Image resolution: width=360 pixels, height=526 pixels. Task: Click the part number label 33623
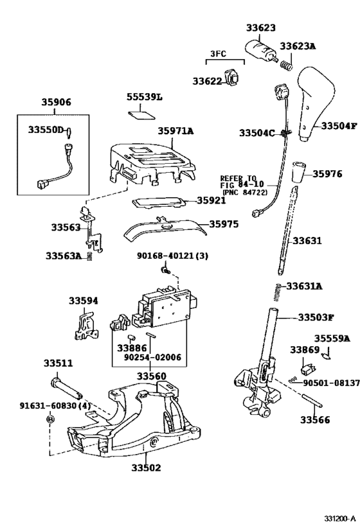260,28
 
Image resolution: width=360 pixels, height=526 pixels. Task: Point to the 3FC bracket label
218,53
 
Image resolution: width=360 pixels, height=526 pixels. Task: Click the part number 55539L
145,97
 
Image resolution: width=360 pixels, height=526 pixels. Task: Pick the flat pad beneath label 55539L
141,115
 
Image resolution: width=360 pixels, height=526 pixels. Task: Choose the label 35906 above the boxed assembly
56,102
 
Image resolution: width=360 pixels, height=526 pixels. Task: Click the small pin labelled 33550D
70,132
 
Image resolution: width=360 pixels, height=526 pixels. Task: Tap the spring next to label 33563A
89,257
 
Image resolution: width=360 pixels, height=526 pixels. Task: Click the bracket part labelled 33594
85,326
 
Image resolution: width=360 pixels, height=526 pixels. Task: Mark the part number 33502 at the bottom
146,468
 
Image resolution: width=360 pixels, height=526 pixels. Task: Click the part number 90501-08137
331,383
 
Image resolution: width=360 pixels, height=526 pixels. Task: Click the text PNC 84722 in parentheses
245,193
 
